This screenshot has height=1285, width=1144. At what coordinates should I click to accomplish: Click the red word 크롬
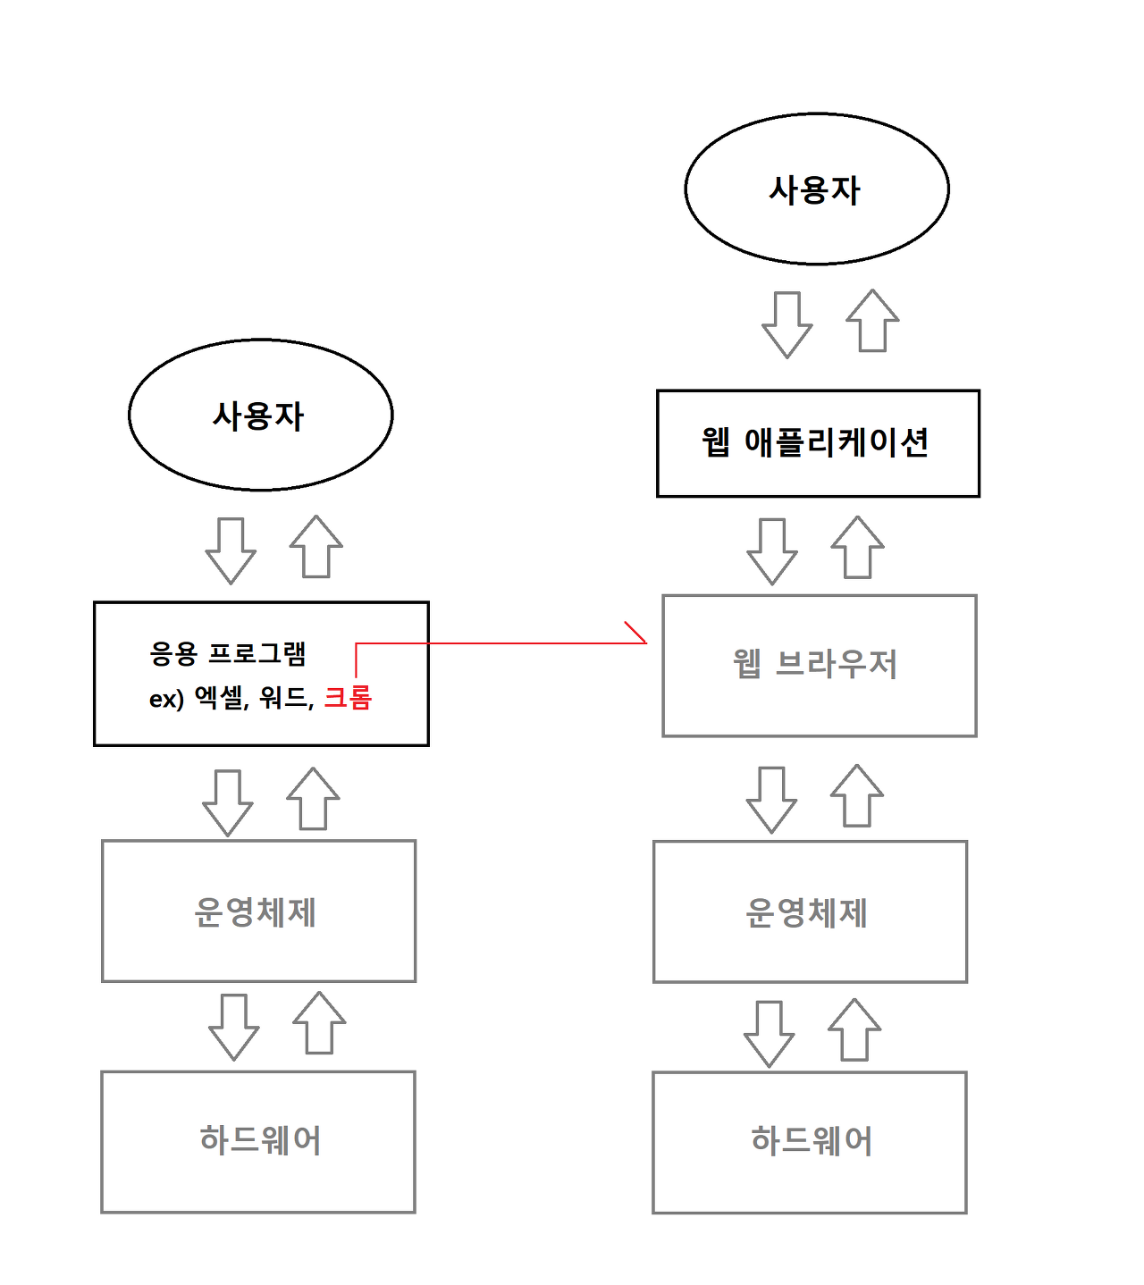(x=348, y=697)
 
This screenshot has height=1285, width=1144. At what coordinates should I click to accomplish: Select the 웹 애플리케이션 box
(x=818, y=443)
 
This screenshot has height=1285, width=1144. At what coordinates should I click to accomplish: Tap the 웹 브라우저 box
(x=819, y=666)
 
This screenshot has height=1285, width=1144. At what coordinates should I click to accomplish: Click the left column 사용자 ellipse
(x=260, y=415)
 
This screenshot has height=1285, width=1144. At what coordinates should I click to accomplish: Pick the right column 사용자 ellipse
(x=816, y=189)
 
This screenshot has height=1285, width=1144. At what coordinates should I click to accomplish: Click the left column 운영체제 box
(x=258, y=911)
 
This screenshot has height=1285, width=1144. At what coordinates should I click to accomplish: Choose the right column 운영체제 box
(x=810, y=912)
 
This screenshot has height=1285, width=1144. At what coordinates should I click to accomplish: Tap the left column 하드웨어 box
(x=258, y=1141)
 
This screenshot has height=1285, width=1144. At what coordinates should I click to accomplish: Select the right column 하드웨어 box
(x=810, y=1142)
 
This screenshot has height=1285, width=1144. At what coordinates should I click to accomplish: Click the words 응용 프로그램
(x=228, y=653)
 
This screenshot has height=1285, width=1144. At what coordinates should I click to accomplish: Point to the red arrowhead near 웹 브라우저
(x=636, y=634)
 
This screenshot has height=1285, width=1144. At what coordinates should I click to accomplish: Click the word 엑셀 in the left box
(x=219, y=697)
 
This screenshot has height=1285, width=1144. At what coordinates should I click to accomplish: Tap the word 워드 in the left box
(x=283, y=697)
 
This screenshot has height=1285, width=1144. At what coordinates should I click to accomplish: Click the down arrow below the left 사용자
(x=231, y=550)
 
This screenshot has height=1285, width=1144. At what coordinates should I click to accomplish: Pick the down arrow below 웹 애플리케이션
(x=772, y=551)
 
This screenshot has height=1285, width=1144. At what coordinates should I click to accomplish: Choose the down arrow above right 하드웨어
(x=769, y=1034)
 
